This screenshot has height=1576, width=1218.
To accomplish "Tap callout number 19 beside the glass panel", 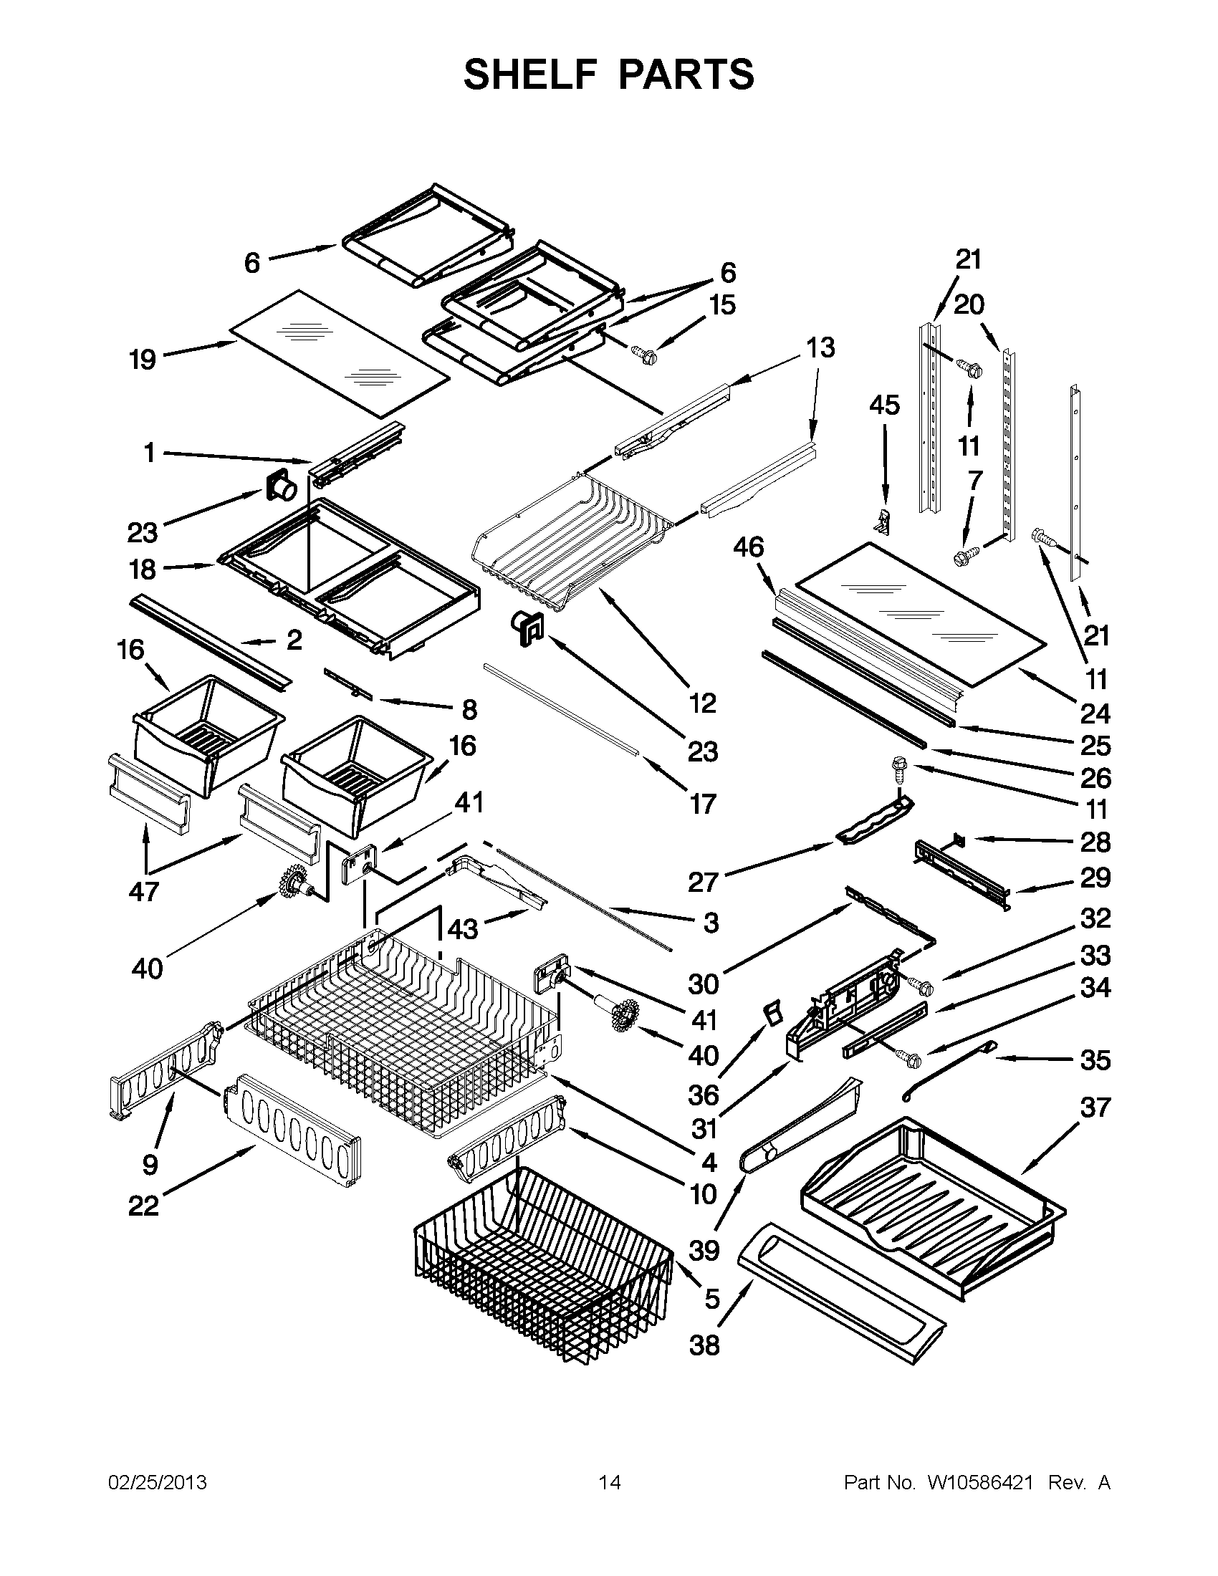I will point(142,359).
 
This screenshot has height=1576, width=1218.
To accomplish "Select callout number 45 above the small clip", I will point(884,405).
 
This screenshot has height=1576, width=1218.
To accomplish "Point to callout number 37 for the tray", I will point(1095,1107).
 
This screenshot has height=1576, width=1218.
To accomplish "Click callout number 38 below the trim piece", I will point(704,1345).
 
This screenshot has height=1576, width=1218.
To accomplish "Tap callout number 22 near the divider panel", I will point(143,1205).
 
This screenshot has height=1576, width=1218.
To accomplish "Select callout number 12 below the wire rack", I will point(702,702).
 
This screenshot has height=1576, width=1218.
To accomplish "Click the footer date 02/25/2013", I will point(158,1482).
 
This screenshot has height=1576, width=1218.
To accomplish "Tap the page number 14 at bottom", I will point(610,1482).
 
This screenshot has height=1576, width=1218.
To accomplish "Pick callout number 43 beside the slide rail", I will point(463,928).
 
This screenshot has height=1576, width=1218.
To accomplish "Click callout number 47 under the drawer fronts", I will point(143,892).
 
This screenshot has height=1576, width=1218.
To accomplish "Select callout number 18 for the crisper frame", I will point(142,570).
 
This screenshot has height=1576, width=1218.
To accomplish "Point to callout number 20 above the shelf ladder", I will point(969,304).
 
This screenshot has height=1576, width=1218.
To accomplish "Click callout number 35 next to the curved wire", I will point(1095,1060).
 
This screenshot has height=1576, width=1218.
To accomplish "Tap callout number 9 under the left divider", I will point(149,1164).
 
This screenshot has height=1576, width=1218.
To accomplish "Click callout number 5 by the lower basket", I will point(711,1299).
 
